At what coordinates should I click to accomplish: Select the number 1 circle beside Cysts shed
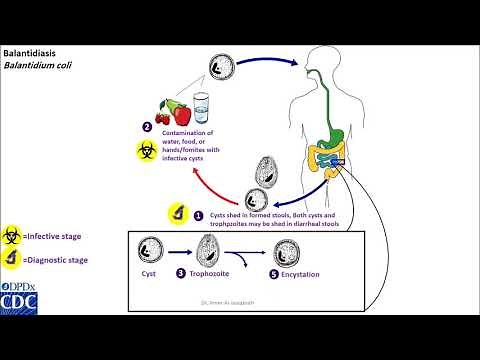tap(198, 214)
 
